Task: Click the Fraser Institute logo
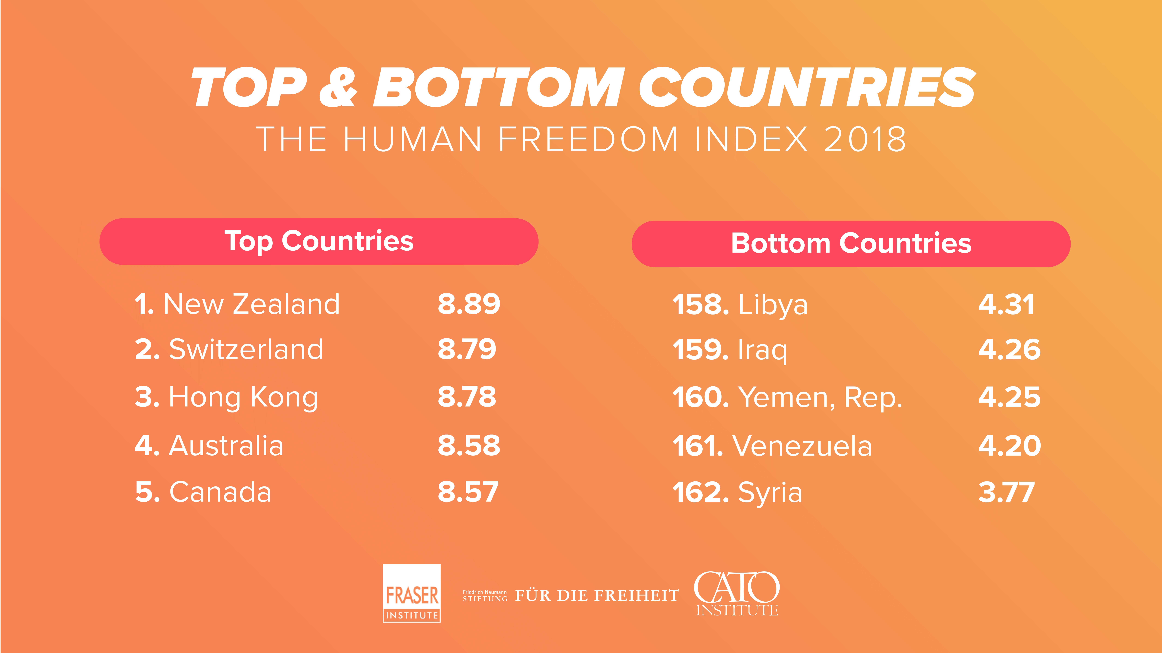(411, 593)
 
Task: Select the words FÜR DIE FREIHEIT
(597, 595)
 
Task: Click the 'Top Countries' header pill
(319, 242)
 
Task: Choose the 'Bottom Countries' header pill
(851, 244)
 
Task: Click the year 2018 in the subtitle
(865, 139)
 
